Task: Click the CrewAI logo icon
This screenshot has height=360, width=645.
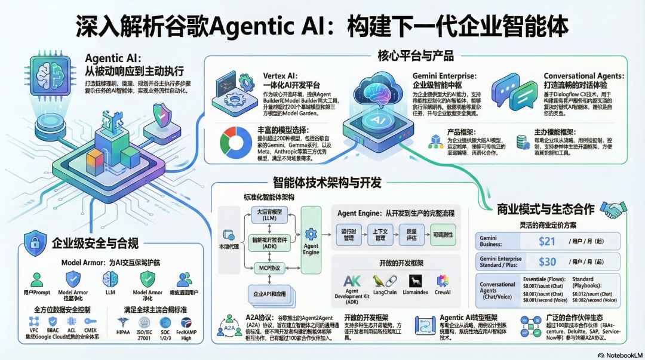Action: (x=443, y=281)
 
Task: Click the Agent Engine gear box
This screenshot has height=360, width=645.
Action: (x=311, y=239)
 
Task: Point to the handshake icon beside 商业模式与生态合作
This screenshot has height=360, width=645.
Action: (x=613, y=209)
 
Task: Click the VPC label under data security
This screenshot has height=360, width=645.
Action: (x=33, y=330)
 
